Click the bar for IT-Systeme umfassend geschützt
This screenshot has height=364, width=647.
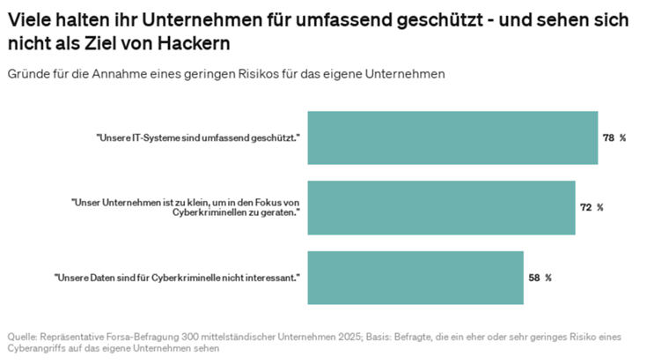point(452,138)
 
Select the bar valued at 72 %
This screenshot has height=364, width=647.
point(440,208)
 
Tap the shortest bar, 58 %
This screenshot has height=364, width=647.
point(415,278)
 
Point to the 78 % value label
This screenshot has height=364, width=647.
point(614,138)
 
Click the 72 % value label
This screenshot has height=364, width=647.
point(592,208)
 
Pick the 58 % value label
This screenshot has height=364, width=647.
point(540,278)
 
